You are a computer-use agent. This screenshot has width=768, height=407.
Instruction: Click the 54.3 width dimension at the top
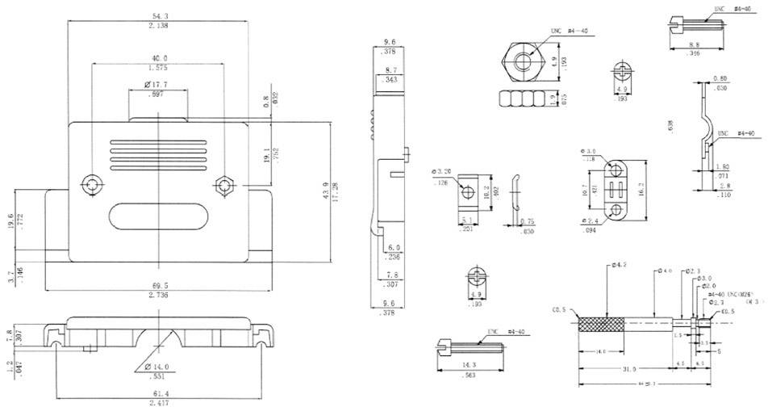coord(158,16)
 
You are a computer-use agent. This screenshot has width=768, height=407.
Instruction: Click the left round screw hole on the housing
coord(91,183)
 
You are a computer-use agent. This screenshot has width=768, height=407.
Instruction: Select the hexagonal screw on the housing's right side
coord(224,186)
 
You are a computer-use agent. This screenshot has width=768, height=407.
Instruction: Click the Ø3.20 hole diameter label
coord(440,171)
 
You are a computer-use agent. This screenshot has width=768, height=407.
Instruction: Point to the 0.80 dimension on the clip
coord(720,79)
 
